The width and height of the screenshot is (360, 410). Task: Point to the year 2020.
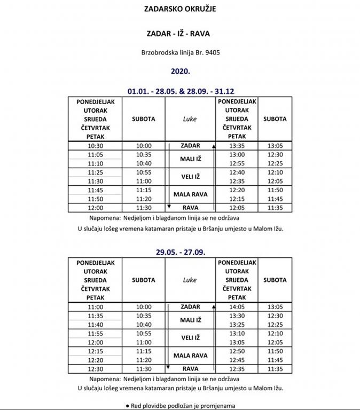(x=180, y=70)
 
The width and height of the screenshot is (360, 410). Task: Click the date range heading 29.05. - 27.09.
(x=180, y=252)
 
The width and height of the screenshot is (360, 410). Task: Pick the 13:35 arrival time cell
(x=236, y=146)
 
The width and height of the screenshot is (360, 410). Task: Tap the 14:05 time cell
(x=236, y=307)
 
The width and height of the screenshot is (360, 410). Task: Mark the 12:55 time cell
(x=236, y=163)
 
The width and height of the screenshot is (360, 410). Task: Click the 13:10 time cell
(x=236, y=334)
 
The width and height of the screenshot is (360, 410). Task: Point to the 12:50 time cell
(x=236, y=351)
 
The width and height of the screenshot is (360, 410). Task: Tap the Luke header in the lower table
(x=190, y=280)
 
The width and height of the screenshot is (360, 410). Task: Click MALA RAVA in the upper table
(x=190, y=194)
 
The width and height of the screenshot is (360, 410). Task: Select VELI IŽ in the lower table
(x=191, y=338)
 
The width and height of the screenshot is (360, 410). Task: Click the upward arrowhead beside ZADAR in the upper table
(x=214, y=146)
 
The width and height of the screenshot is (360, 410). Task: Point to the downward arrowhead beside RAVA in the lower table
(x=169, y=368)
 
